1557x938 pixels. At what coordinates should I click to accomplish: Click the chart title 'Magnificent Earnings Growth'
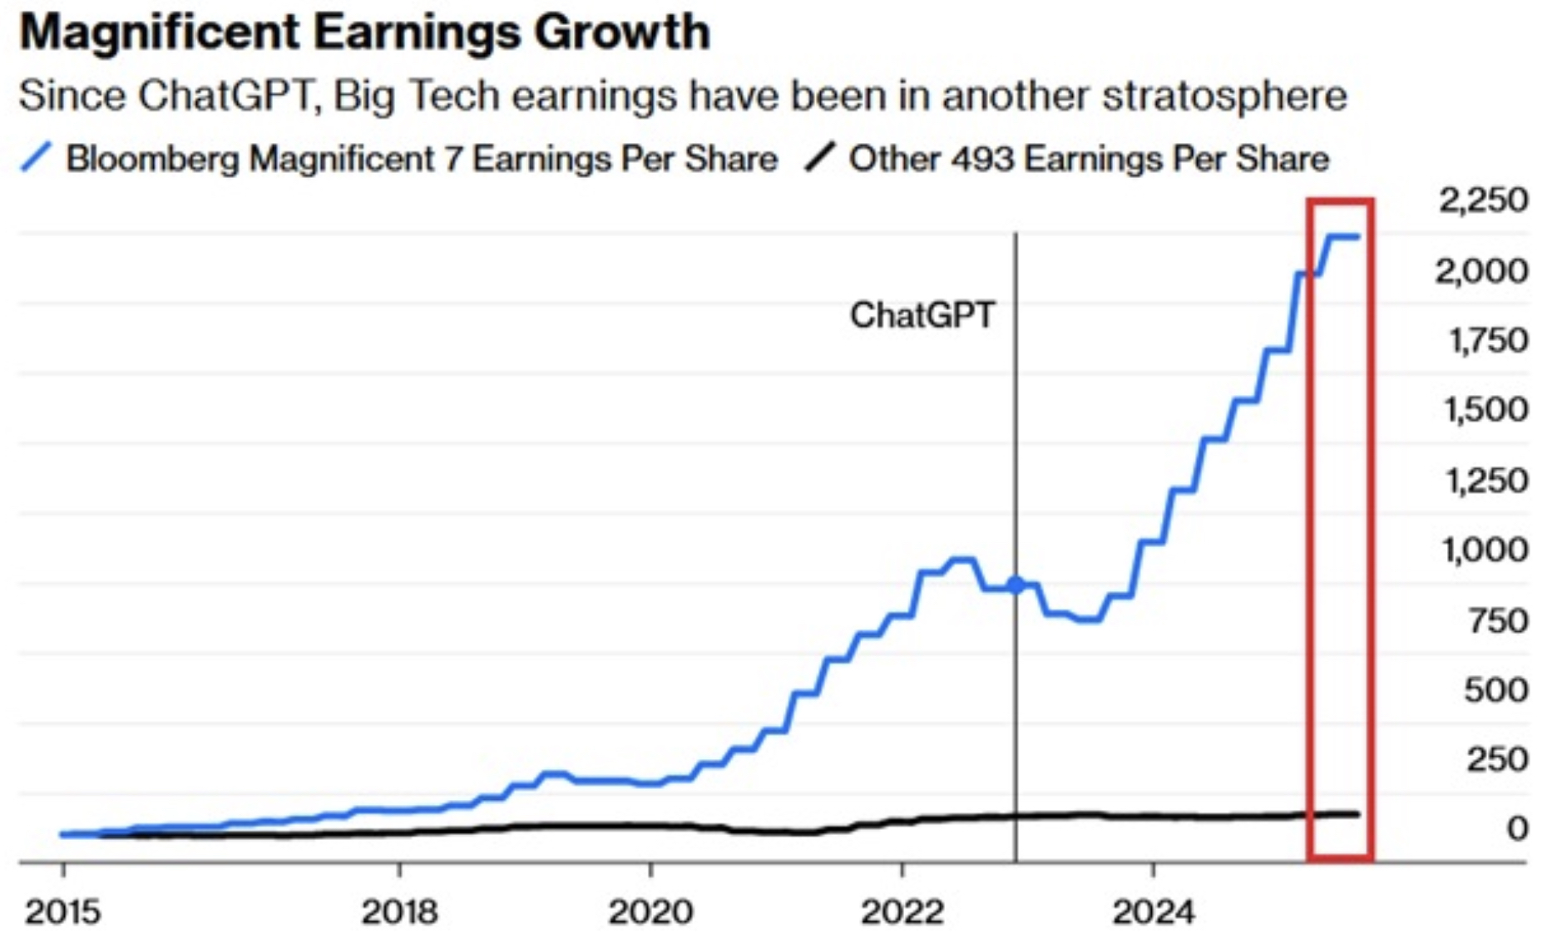click(364, 33)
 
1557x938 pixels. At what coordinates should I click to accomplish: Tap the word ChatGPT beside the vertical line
click(922, 315)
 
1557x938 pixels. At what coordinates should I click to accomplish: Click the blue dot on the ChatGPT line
click(1016, 585)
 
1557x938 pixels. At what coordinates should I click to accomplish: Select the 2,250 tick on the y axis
click(1483, 200)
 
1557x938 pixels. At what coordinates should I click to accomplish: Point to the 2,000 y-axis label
click(1481, 271)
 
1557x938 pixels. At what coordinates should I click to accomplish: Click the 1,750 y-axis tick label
click(1488, 341)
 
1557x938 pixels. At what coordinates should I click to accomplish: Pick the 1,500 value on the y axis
click(1486, 410)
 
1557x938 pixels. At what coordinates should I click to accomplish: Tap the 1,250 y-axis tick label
click(1486, 481)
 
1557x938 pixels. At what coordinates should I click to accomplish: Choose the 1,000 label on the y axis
click(1485, 550)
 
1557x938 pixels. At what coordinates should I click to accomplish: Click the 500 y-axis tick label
click(1495, 690)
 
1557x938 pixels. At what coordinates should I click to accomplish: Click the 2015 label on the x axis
click(63, 912)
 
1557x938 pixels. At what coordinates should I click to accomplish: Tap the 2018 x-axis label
click(400, 912)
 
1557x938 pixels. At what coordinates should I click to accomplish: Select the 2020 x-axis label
click(650, 912)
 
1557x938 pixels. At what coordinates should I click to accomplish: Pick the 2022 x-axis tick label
click(902, 912)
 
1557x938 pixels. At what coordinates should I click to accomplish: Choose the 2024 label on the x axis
click(1154, 912)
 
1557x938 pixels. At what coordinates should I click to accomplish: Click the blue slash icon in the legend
click(37, 157)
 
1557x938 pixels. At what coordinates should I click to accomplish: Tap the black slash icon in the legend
click(819, 157)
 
